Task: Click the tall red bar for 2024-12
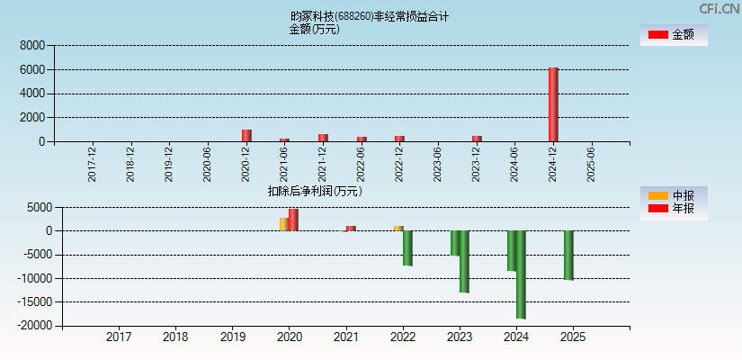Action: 553,104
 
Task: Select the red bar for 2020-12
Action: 246,135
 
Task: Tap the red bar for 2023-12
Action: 477,139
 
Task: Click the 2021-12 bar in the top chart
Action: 323,138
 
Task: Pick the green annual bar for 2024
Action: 521,274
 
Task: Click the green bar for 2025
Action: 568,255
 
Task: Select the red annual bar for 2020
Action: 293,220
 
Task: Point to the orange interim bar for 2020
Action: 284,224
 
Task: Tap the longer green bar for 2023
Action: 464,261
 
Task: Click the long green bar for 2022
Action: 407,247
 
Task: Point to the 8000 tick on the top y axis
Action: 32,45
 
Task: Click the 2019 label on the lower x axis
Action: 233,337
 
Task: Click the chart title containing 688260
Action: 369,16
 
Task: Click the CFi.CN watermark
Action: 719,8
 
